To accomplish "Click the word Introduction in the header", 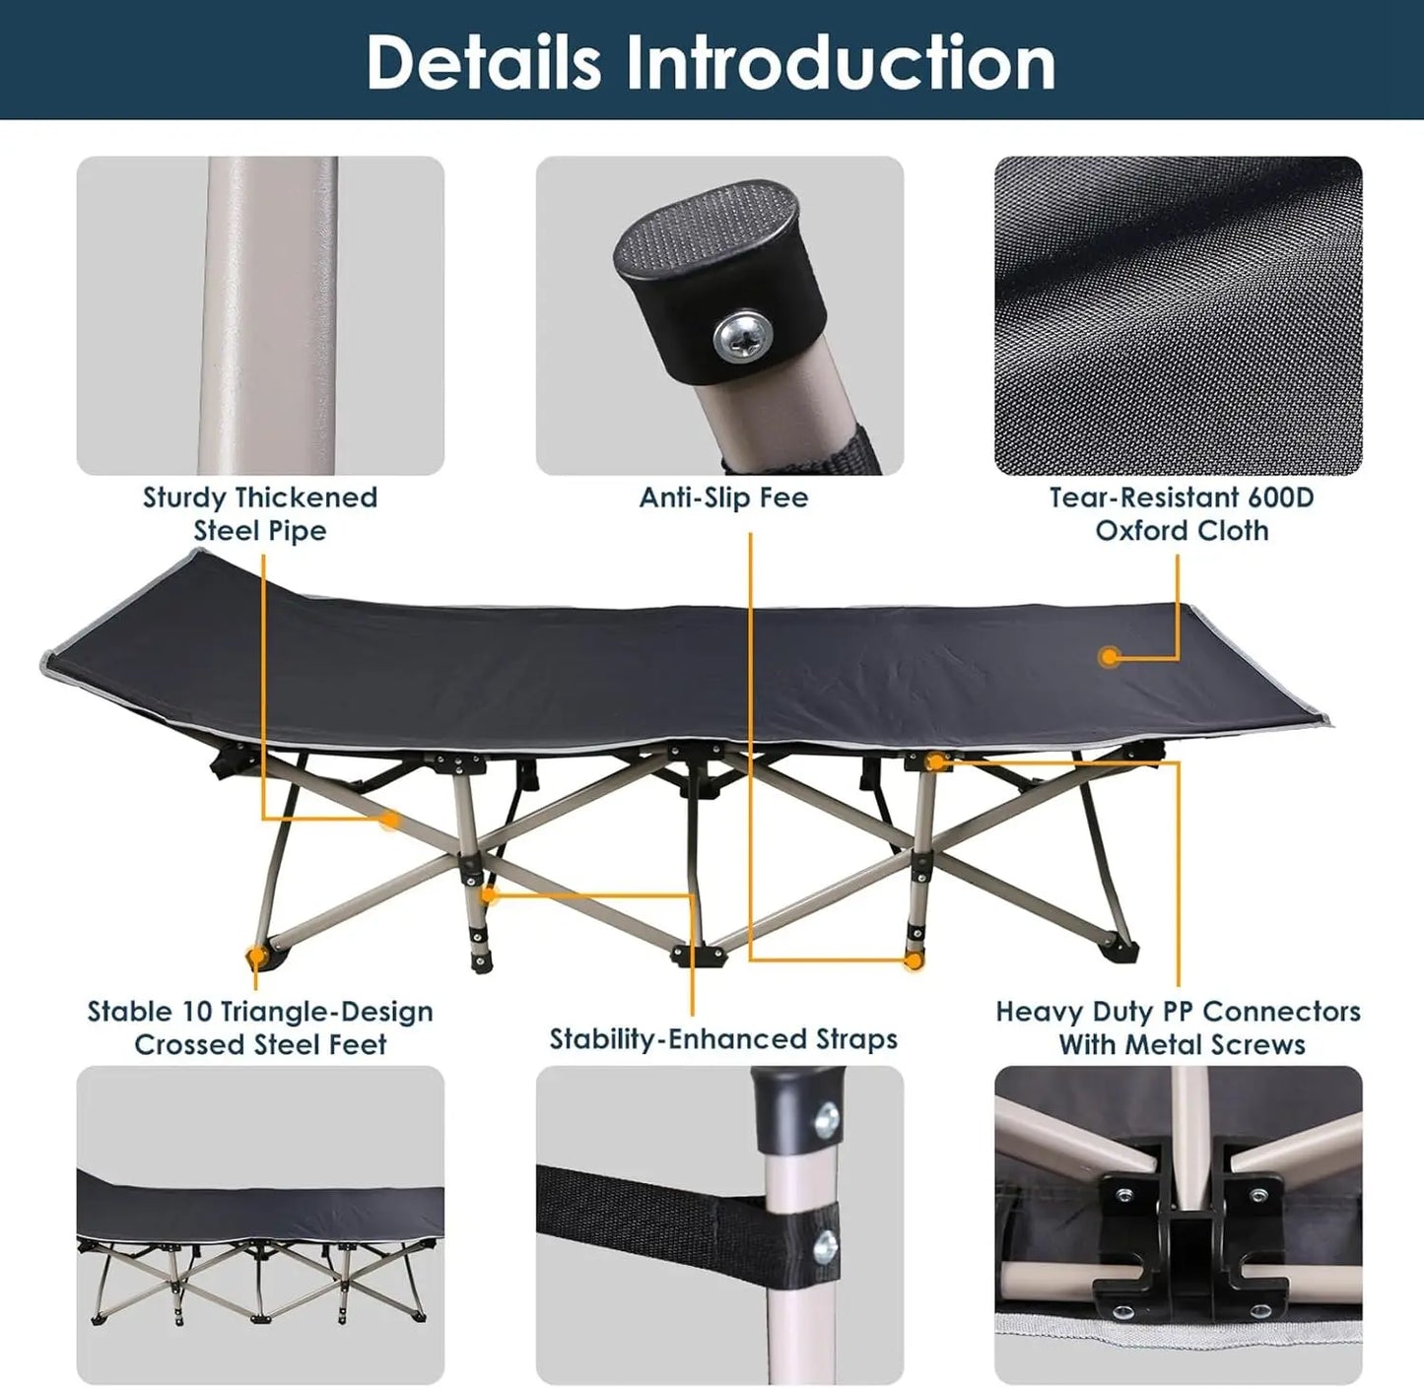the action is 841,62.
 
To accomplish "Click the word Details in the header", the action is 484,62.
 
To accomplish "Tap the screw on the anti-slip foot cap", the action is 740,336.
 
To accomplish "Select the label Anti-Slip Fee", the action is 723,497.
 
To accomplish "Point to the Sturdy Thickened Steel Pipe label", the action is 260,513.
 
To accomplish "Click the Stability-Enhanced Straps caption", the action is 723,1039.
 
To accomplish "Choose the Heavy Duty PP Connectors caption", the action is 1179,1027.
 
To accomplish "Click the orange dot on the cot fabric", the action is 1110,656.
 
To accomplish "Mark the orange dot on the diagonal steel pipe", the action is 390,820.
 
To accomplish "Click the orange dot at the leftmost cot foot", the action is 256,956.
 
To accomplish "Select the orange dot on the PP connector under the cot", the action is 935,762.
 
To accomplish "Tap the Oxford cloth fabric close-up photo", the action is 1179,315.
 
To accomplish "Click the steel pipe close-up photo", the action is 260,315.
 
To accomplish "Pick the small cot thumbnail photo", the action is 260,1224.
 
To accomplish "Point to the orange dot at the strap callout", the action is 490,894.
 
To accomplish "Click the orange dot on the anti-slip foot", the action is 914,960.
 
